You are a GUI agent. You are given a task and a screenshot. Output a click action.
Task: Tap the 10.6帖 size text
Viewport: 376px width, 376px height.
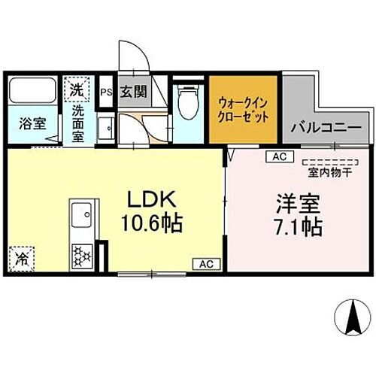pos(156,223)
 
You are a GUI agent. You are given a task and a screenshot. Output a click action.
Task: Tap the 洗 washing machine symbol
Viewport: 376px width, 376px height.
pos(76,89)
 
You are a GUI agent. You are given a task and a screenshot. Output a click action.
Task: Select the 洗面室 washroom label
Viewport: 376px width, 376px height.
pos(78,123)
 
